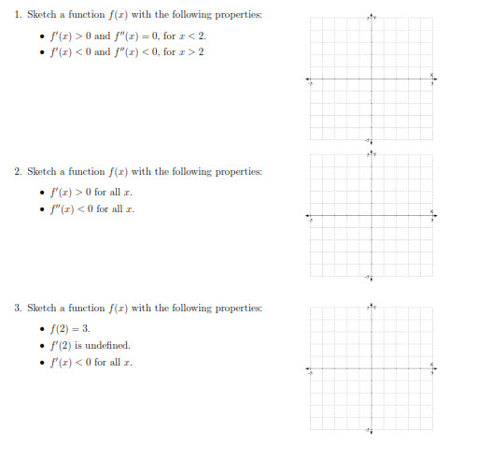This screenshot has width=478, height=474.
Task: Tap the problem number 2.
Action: [x=17, y=172]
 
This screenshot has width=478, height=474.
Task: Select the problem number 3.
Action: [x=17, y=308]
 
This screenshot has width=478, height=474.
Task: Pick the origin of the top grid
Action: [x=372, y=80]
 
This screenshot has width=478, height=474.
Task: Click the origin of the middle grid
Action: [x=372, y=216]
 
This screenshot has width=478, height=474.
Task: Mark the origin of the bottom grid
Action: [x=372, y=368]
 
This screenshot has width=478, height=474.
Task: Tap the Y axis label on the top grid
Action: [x=375, y=18]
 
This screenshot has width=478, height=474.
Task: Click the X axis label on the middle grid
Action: [x=432, y=210]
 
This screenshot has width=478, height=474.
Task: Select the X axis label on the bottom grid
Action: [x=432, y=363]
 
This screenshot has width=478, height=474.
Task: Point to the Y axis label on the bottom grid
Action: [x=375, y=306]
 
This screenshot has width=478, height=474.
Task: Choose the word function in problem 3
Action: [x=87, y=308]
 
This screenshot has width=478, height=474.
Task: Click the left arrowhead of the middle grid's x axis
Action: [x=309, y=216]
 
